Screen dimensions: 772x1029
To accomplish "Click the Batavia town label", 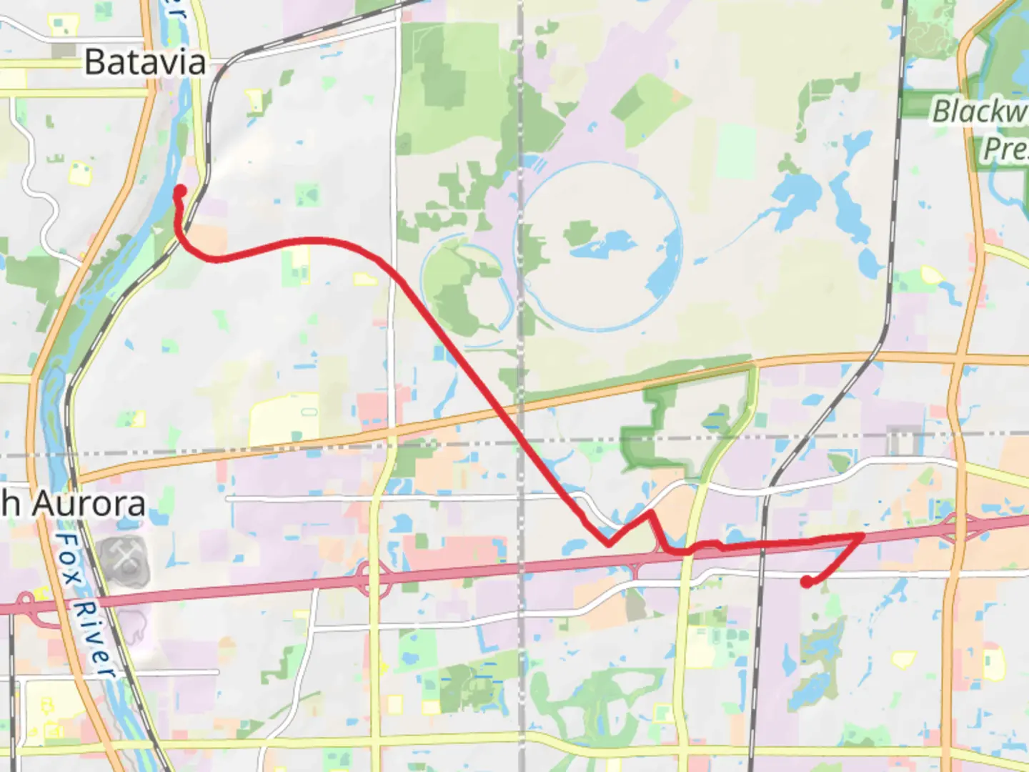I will pyautogui.click(x=145, y=62).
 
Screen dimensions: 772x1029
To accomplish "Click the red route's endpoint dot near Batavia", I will pyautogui.click(x=180, y=191).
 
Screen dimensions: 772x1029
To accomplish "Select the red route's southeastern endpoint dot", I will pyautogui.click(x=807, y=583).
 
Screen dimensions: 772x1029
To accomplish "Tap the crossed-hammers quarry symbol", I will pyautogui.click(x=124, y=555).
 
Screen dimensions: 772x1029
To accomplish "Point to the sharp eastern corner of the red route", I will pyautogui.click(x=863, y=535).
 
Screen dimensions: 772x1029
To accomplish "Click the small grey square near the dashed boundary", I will pyautogui.click(x=903, y=440).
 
